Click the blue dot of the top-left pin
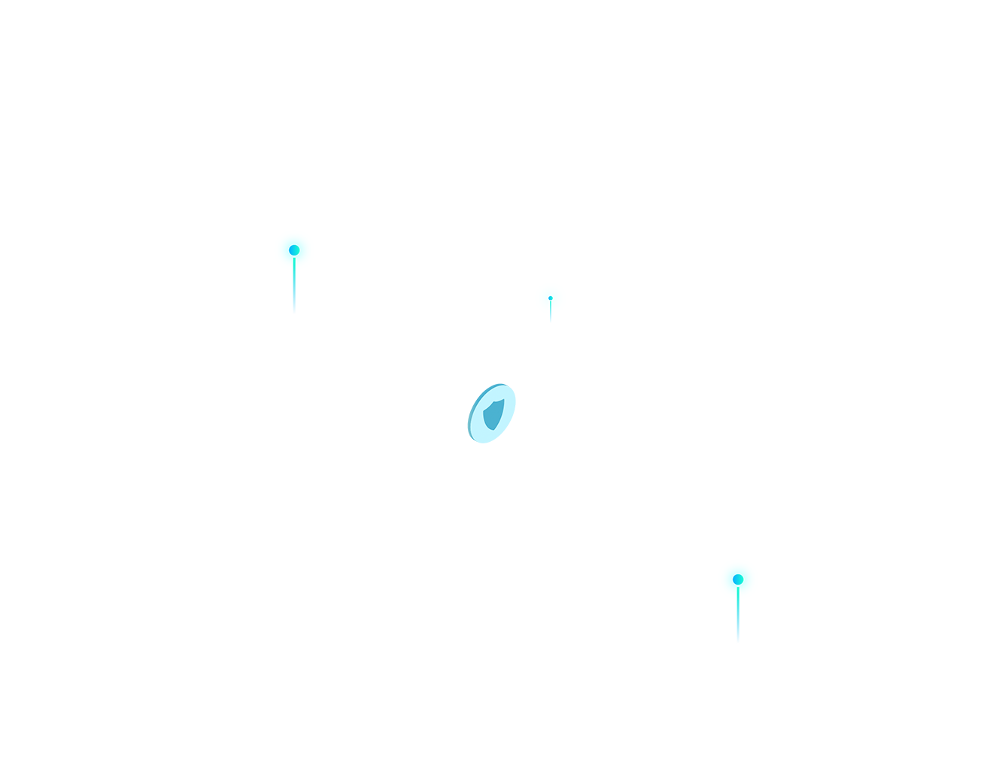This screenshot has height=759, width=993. [293, 250]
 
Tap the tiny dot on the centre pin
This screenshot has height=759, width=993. [550, 298]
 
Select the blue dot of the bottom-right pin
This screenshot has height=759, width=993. [737, 579]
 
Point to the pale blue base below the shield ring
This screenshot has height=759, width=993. [519, 443]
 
